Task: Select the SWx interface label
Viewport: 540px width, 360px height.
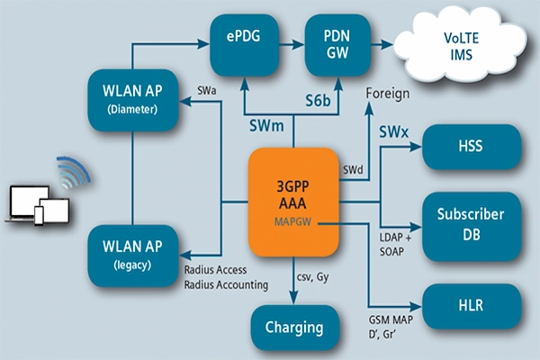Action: [393, 132]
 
